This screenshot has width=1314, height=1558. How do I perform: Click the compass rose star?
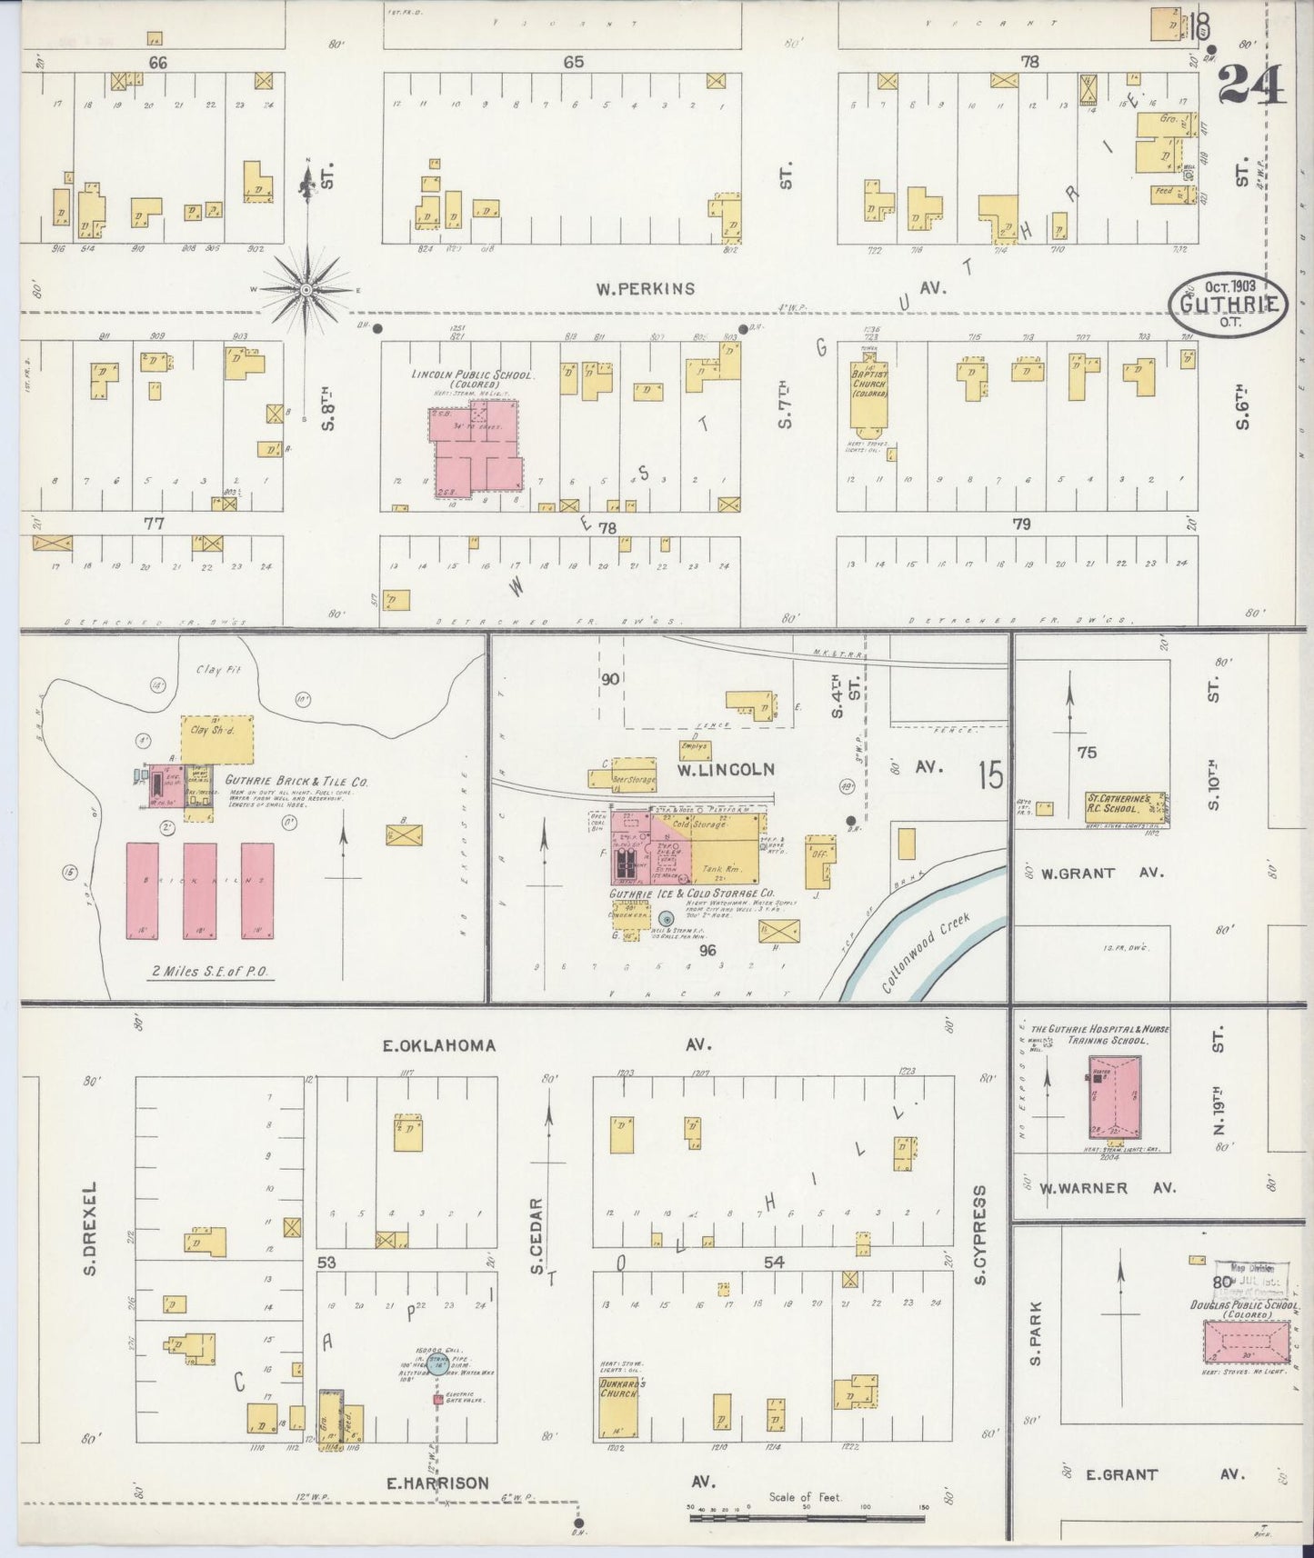pos(306,290)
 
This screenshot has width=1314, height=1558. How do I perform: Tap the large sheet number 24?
pos(1251,87)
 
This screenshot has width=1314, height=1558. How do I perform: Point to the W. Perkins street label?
pos(646,289)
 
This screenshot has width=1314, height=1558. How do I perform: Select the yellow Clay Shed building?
pos(217,738)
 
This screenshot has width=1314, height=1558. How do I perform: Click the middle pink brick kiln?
pos(200,890)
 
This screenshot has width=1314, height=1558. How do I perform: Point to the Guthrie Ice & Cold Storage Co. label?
pos(692,894)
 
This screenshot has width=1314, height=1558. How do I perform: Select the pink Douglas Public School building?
pos(1245,1342)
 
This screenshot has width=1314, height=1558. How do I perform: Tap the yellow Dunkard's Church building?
pos(618,1407)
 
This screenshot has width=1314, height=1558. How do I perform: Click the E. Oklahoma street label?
pos(439,1045)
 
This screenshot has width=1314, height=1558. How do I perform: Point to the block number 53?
pos(326,1263)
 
